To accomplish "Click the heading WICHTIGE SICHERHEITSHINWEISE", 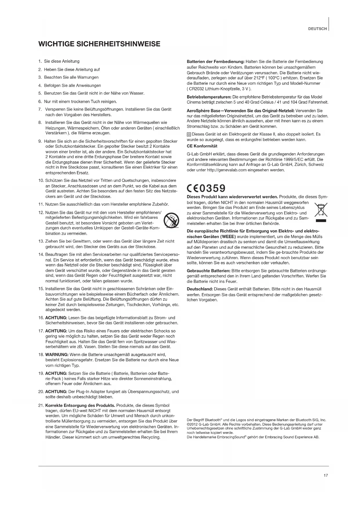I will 99,44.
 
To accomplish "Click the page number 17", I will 325,475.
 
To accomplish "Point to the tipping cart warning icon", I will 169,220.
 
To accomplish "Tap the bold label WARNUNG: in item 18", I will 57,355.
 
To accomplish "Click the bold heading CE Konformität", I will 202,146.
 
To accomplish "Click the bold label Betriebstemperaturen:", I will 209,97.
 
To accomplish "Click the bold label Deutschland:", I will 200,289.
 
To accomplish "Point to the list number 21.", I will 41,405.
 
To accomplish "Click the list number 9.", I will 40,141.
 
